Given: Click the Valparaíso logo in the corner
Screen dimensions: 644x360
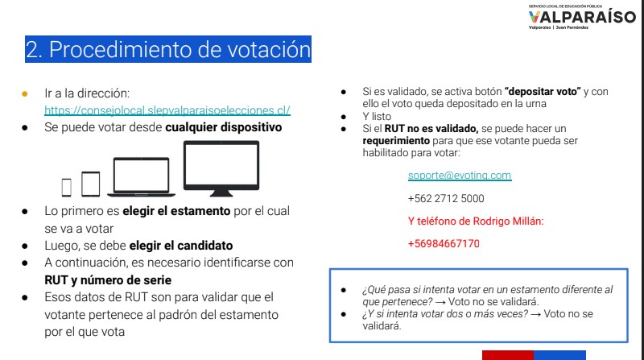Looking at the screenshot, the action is pos(582,17).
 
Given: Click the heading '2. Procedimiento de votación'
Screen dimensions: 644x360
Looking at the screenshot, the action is pos(168,49).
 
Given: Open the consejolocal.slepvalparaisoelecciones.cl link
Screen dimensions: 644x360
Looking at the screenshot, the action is pos(167,110).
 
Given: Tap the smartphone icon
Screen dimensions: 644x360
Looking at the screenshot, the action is pos(67,188).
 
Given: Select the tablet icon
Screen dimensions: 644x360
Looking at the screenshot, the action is pos(91,184).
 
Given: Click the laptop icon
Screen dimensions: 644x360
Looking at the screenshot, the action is pos(142,176).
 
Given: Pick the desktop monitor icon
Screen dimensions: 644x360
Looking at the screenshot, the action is pos(221,168).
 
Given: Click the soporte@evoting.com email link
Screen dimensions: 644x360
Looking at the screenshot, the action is pos(460,176).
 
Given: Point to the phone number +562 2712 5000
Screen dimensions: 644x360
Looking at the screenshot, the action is pos(446,198).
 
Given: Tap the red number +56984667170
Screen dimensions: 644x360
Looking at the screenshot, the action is pos(444,244).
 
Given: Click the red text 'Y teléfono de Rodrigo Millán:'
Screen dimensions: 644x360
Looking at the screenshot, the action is pos(476,221).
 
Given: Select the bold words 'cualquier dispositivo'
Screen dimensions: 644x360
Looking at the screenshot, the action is pos(224,127).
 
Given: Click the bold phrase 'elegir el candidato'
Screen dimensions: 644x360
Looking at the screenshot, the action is pos(181,246).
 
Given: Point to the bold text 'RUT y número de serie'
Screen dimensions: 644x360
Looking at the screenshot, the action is pos(108,280).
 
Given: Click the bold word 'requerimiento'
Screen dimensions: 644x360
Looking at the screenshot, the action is pos(396,141).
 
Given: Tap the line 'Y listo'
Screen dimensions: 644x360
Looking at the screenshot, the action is pos(377,116).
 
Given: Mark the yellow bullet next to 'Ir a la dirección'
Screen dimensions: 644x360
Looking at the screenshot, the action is pos(25,93).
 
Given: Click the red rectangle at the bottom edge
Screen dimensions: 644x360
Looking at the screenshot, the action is pos(508,355).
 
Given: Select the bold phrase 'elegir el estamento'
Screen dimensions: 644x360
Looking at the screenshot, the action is pos(176,211).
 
